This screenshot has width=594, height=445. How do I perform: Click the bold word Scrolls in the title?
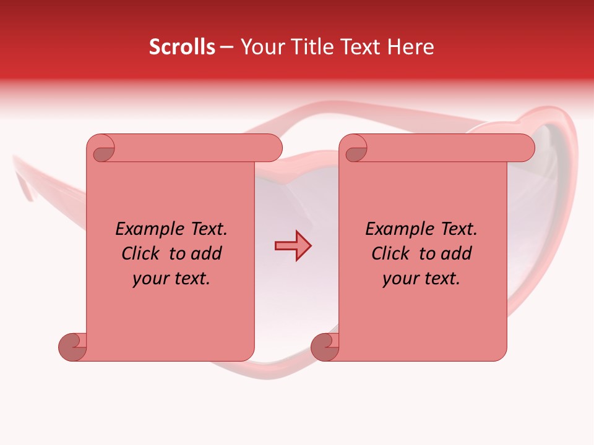point(182,47)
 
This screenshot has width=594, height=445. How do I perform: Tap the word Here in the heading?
point(411,47)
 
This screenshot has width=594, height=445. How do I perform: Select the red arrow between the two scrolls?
point(293,246)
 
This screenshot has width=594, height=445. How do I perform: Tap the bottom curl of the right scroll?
point(324,347)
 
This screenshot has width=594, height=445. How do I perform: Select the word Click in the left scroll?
point(140,253)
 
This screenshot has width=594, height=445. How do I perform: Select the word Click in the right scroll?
point(390,253)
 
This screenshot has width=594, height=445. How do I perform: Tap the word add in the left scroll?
point(207,253)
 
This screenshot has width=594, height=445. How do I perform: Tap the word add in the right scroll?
point(457,253)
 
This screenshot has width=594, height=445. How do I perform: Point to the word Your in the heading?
point(261,47)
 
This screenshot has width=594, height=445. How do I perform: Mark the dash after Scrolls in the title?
point(226,48)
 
